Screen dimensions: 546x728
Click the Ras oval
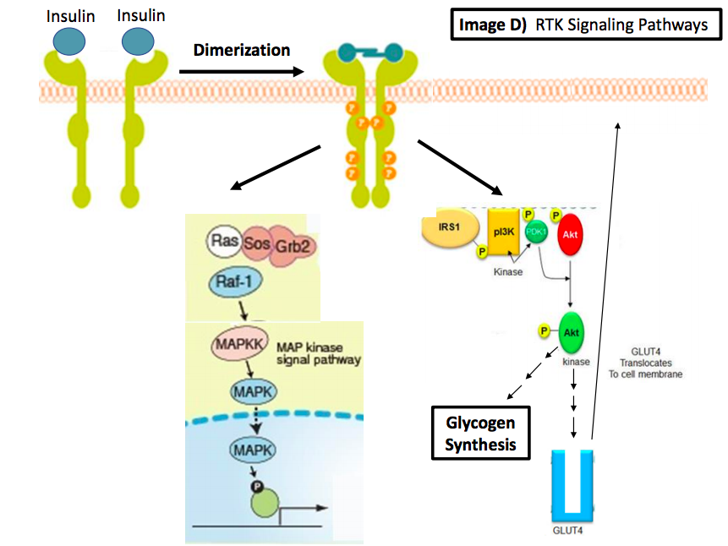coord(224,242)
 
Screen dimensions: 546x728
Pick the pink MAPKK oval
coord(238,346)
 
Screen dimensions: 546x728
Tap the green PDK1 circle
coord(535,232)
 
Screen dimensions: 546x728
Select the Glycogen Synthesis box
coord(480,432)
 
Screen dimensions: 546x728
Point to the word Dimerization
coord(241,49)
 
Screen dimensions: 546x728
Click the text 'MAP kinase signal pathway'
coord(319,353)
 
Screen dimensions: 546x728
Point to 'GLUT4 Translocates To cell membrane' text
coord(651,362)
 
